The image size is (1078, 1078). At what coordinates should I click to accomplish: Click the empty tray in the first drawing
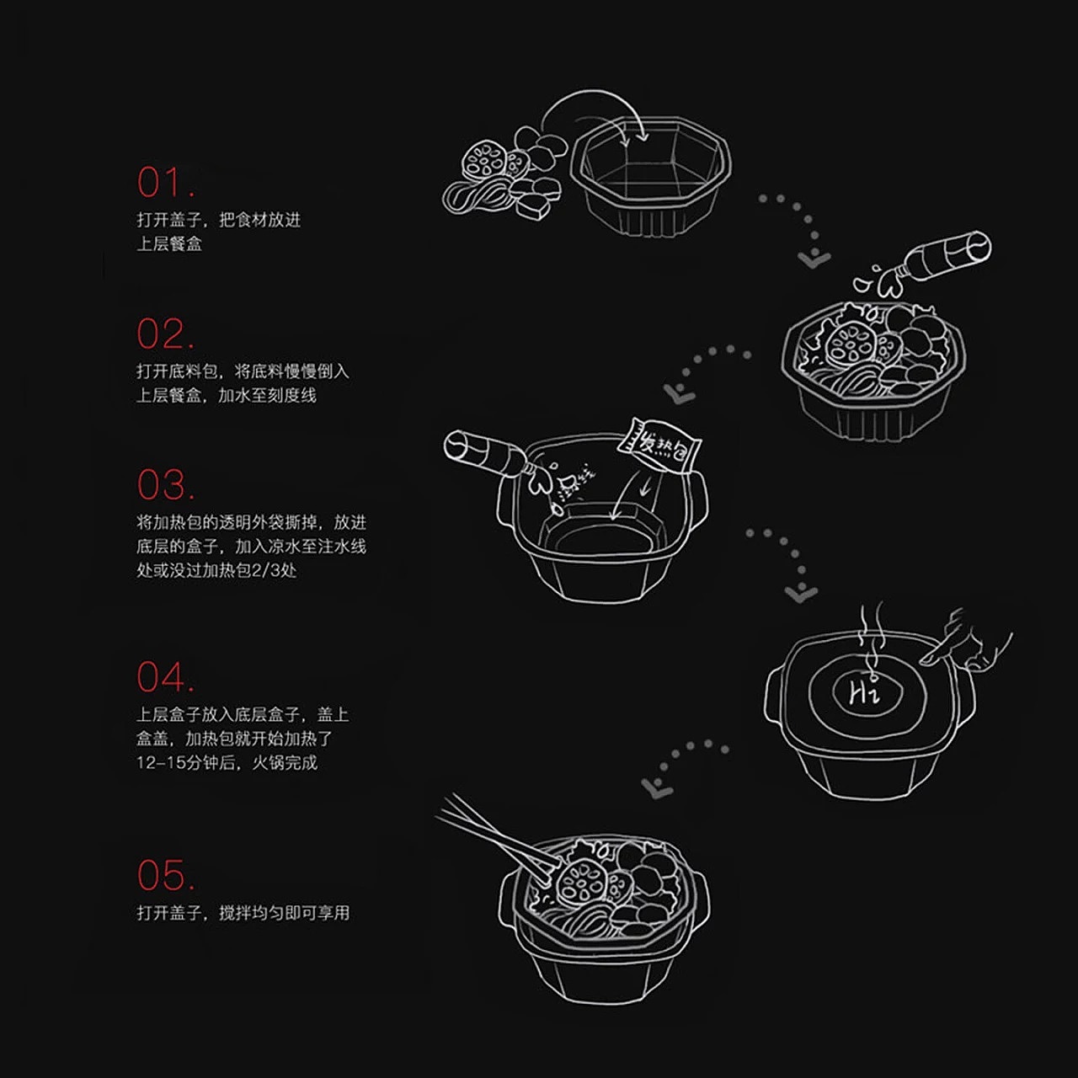point(651,173)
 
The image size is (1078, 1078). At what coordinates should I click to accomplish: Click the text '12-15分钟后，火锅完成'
point(227,763)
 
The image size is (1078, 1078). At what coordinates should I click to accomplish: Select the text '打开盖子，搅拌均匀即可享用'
point(243,912)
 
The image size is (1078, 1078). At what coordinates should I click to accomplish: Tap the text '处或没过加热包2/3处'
point(216,570)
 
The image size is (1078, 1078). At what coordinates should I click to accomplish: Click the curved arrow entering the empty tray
point(590,109)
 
